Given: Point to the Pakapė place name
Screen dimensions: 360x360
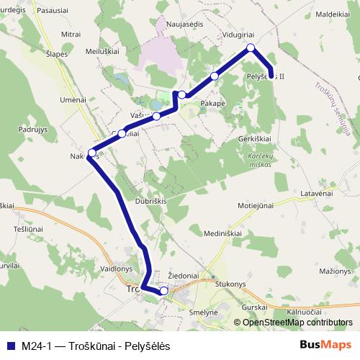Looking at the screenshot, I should pos(210,103).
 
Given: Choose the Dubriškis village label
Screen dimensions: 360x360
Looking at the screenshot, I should pos(151,202).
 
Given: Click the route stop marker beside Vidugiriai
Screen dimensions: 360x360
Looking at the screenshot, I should pos(251,48).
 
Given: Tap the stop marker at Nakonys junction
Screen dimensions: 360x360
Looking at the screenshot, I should pos(91,153).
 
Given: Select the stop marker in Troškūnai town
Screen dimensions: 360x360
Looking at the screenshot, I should pos(164,290).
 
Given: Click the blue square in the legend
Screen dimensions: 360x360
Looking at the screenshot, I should pos(11,345).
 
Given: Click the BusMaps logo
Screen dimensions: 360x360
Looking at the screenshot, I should pos(325,345).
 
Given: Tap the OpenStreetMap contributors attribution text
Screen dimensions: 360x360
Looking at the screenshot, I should pos(297,322).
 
